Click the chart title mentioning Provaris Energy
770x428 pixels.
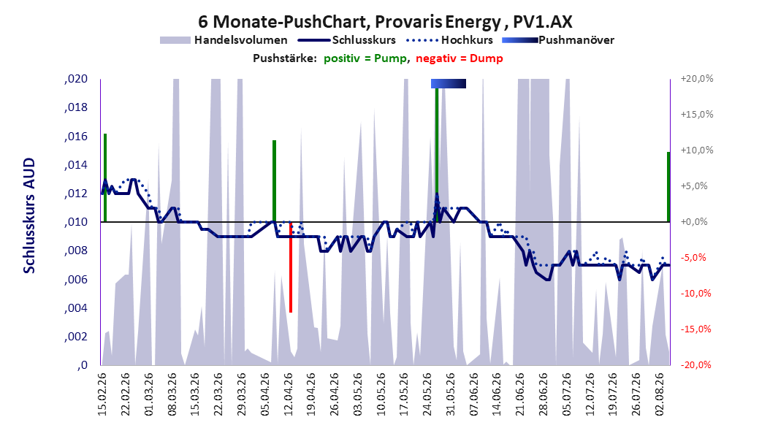click(x=385, y=22)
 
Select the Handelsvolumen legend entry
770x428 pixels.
click(x=224, y=40)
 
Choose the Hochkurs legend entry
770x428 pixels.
click(x=450, y=40)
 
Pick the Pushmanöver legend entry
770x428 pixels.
click(x=558, y=40)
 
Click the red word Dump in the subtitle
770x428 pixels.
click(x=486, y=58)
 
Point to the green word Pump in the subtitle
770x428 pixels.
click(x=390, y=58)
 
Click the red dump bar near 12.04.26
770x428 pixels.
click(x=291, y=267)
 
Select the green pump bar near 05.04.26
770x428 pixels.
click(x=274, y=181)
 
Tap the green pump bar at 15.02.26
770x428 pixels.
click(x=105, y=177)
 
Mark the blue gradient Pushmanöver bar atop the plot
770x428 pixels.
click(x=449, y=83)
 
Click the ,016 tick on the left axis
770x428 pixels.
click(x=76, y=137)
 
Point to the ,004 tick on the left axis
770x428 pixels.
click(x=76, y=308)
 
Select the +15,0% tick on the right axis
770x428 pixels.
click(x=697, y=115)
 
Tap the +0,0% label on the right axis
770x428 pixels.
click(x=694, y=222)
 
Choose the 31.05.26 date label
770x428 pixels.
click(x=450, y=394)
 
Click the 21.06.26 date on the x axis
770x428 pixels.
click(x=519, y=394)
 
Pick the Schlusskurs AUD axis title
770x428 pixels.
click(x=29, y=216)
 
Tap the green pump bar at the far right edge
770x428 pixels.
click(x=668, y=187)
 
